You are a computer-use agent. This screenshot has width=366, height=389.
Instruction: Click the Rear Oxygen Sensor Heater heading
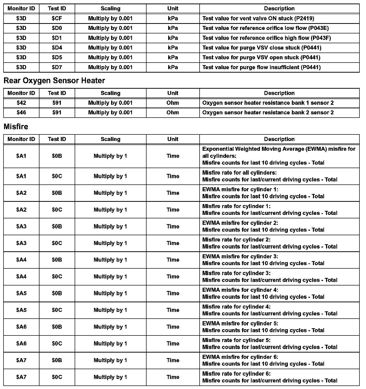[54, 81]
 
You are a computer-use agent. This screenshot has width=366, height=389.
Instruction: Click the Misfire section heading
[16, 127]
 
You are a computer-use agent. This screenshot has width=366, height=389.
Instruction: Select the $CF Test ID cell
[57, 18]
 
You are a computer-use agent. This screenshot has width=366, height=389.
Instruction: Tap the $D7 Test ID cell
[57, 67]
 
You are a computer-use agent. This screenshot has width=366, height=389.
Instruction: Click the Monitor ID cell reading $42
[21, 103]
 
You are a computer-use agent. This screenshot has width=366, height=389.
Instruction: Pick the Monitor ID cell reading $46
[21, 113]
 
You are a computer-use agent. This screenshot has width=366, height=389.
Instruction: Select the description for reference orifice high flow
[266, 38]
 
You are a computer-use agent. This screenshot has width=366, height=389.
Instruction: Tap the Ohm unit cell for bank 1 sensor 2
[173, 103]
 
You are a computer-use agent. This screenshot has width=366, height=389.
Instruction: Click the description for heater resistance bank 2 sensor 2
[268, 113]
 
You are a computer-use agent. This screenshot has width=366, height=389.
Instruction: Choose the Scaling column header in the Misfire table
[110, 139]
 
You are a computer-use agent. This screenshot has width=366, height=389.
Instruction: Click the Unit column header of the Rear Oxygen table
[173, 93]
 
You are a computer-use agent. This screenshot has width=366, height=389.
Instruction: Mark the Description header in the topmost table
[279, 9]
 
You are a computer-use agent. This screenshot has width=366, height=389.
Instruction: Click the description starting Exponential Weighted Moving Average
[279, 156]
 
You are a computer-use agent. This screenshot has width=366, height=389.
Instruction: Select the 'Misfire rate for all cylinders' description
[270, 176]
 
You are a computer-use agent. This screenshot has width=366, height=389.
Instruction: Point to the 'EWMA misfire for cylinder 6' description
[263, 360]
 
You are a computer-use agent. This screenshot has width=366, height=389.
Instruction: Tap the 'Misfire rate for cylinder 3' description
[270, 277]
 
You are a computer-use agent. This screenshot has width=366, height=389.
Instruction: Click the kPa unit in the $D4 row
[173, 48]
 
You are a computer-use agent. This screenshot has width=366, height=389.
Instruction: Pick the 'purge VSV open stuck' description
[261, 58]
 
